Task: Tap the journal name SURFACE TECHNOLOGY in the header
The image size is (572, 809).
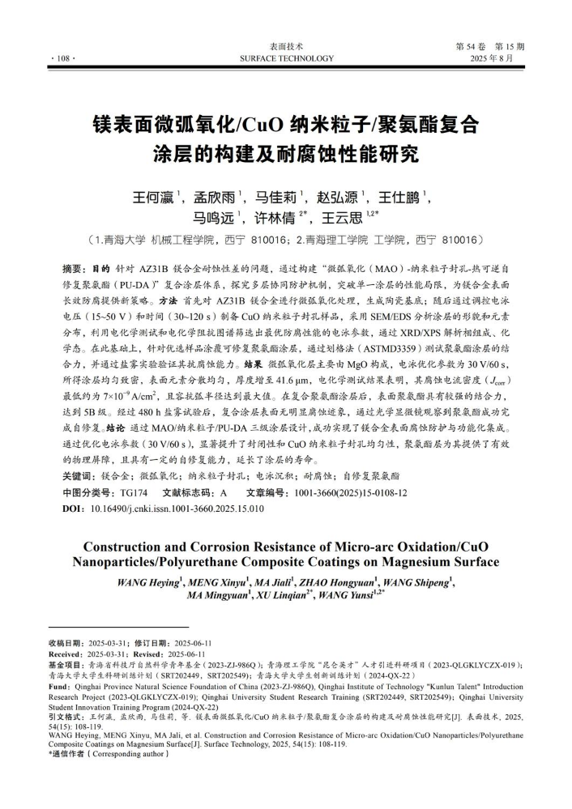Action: click(287, 59)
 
